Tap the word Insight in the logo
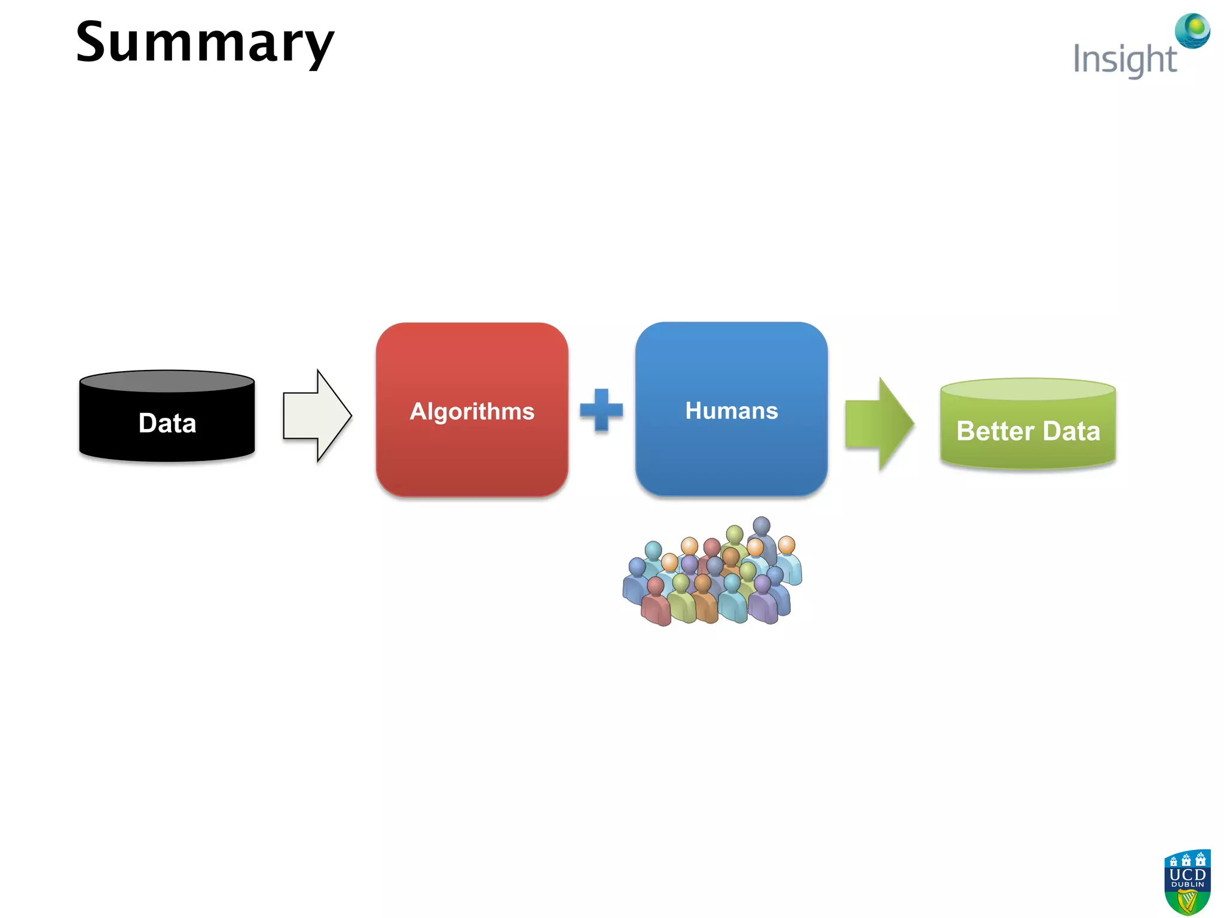click(x=1124, y=60)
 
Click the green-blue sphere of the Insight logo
click(x=1193, y=30)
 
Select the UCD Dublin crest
click(x=1187, y=882)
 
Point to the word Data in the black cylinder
click(x=167, y=423)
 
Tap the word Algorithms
click(x=472, y=411)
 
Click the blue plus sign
click(x=601, y=410)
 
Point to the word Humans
click(x=731, y=411)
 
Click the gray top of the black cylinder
click(x=167, y=381)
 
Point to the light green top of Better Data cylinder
click(x=1027, y=389)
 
